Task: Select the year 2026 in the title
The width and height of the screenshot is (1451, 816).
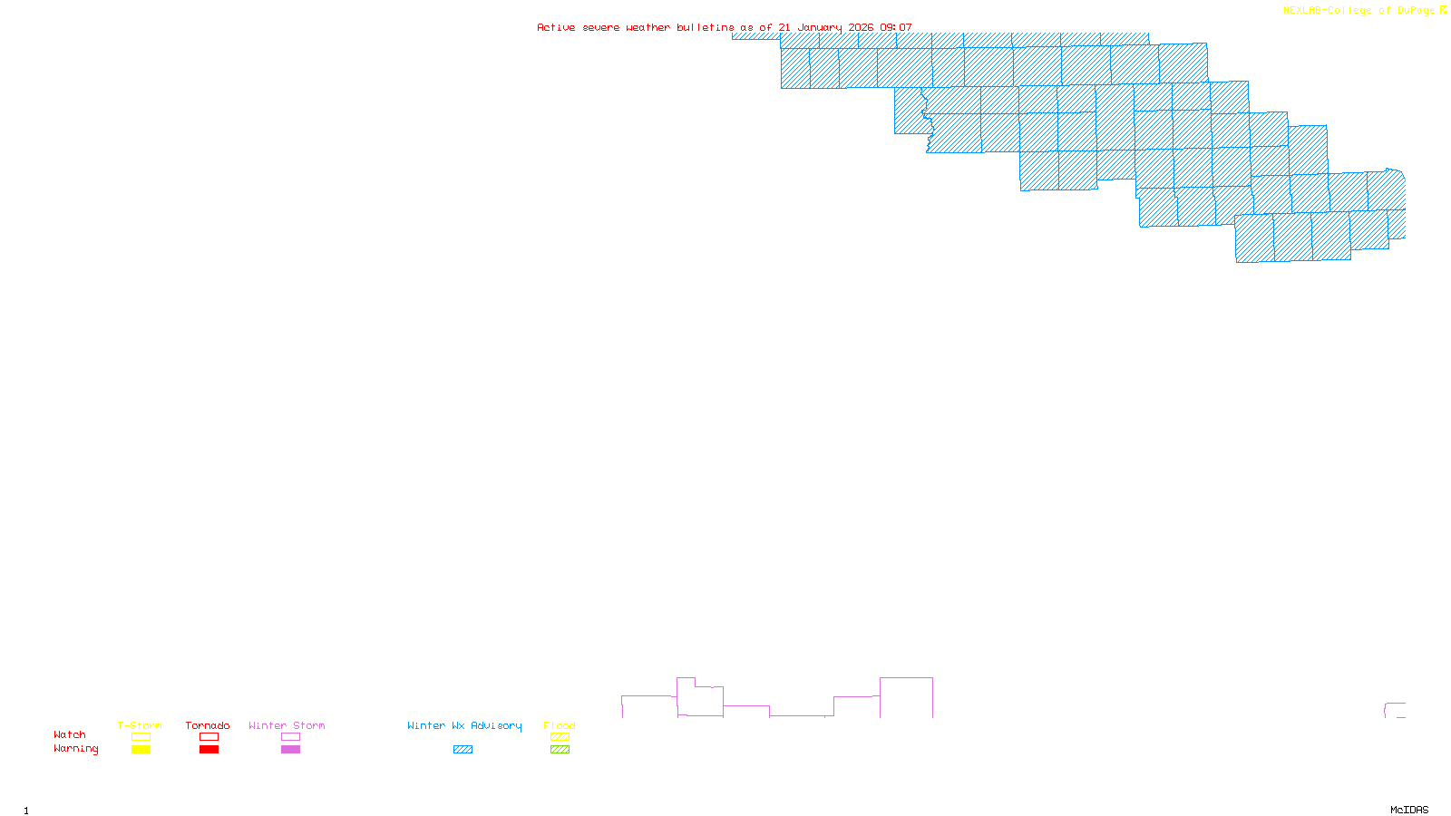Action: click(861, 28)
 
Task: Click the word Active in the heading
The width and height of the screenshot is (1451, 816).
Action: click(556, 28)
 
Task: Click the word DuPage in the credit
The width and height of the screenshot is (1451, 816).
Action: click(1417, 11)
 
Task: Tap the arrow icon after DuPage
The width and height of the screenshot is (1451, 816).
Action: click(1443, 10)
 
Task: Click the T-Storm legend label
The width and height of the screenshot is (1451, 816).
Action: click(140, 725)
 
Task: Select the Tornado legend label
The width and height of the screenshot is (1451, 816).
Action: click(208, 725)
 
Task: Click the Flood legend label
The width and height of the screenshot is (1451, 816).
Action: click(560, 725)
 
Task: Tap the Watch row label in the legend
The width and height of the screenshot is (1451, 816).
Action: click(70, 734)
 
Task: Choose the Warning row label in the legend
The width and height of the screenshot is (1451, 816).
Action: click(76, 749)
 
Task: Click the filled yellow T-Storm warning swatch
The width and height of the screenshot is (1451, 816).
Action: click(141, 750)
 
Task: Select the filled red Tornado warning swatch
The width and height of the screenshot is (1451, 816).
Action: click(209, 750)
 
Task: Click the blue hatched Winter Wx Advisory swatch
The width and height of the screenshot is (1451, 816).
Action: click(463, 750)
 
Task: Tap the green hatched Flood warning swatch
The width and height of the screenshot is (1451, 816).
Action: click(560, 750)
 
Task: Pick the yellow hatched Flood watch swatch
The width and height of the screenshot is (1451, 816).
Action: click(560, 737)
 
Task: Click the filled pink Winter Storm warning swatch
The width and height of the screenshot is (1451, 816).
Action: click(290, 750)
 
